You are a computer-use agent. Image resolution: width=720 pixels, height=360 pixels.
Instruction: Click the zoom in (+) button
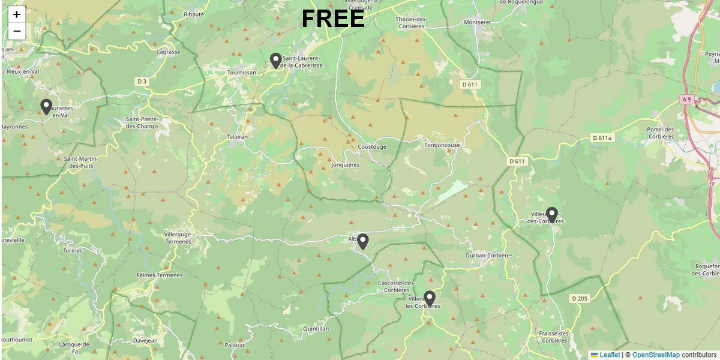(17, 14)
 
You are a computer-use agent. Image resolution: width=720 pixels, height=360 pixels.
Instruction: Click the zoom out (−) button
(17, 31)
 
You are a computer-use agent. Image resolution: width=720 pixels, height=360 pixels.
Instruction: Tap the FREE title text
(333, 19)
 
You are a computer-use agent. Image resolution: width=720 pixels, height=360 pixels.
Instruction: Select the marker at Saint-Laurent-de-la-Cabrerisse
(275, 61)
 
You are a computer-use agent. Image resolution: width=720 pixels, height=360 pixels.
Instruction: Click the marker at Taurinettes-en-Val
(46, 107)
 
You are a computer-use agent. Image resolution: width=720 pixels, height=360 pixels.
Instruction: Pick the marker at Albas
(362, 241)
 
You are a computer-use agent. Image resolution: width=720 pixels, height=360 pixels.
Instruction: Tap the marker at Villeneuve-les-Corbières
(429, 298)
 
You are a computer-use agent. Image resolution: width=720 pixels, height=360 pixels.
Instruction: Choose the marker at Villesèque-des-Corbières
(551, 214)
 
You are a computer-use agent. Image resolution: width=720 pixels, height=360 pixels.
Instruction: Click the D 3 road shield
(142, 81)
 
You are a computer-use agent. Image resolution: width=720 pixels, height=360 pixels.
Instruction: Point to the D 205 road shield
(580, 298)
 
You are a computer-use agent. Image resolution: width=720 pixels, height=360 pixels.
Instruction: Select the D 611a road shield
(602, 138)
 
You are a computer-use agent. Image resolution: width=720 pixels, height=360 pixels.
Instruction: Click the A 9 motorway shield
(687, 98)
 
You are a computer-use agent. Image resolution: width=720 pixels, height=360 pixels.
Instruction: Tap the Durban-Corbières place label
(489, 256)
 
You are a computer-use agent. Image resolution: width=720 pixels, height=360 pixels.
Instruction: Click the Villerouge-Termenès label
(178, 238)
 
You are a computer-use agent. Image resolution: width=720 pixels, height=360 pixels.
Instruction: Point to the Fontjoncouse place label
(442, 145)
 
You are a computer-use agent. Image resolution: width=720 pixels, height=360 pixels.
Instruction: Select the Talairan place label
(237, 137)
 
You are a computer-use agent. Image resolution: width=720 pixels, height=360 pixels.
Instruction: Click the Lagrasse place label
(169, 52)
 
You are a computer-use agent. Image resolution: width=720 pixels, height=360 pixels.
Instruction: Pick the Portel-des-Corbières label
(661, 133)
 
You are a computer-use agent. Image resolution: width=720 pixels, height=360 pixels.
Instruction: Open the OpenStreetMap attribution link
(656, 355)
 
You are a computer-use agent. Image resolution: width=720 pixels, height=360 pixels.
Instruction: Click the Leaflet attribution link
(609, 355)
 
